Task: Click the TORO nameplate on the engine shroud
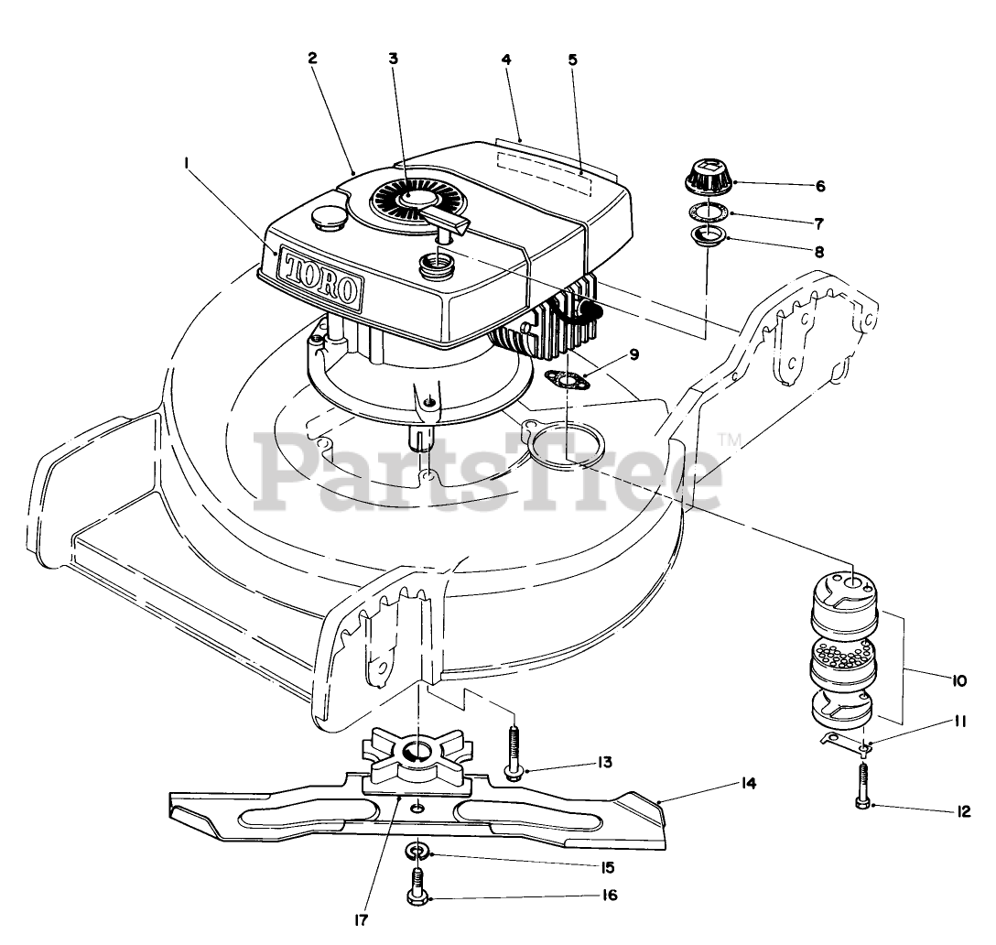(320, 276)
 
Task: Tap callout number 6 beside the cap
(820, 186)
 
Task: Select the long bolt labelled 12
(863, 783)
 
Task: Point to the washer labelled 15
(417, 853)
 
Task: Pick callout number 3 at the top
(393, 58)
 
